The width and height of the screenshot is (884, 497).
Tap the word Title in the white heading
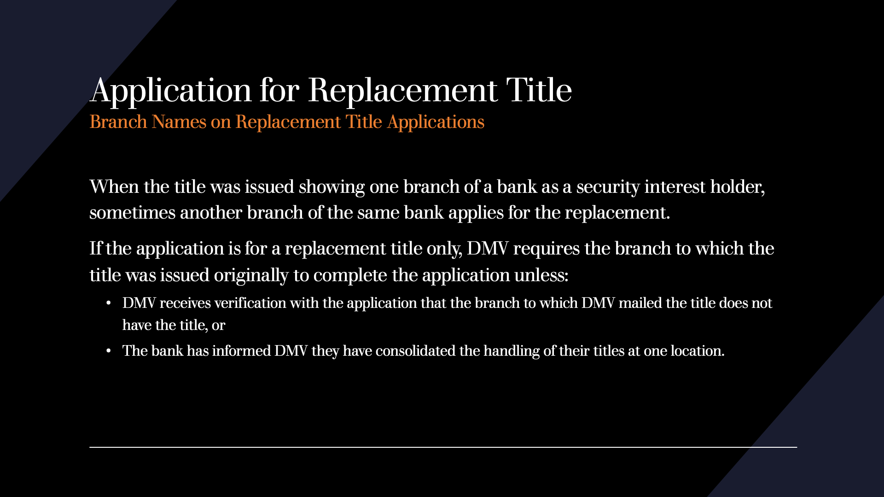tap(539, 90)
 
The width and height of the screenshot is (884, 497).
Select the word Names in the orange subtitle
tap(179, 122)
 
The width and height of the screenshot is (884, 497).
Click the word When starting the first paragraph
tap(114, 187)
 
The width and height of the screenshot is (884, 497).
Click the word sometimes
tap(132, 213)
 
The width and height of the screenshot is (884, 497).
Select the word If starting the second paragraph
tap(95, 248)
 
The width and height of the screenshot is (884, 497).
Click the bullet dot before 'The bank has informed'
tap(109, 351)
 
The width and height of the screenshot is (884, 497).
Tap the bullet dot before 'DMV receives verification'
tap(109, 303)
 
